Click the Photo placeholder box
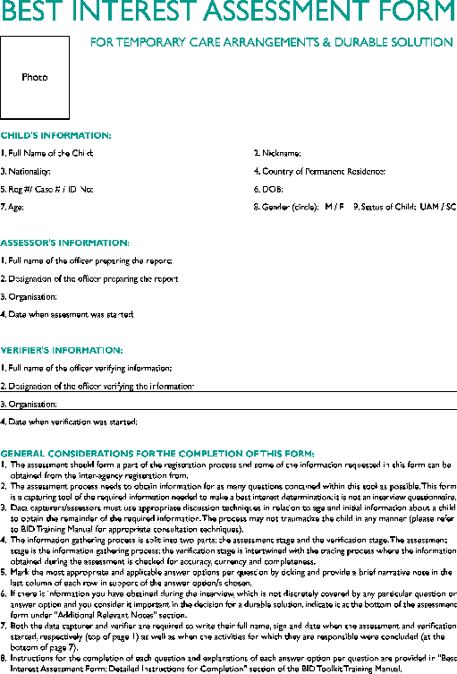tap(35, 78)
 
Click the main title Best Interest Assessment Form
tap(228, 13)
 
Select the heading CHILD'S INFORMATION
tap(55, 135)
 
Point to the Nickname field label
tap(278, 153)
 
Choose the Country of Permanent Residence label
tap(319, 171)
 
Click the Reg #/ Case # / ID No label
tap(47, 189)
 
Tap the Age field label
tap(12, 207)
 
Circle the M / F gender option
tap(334, 207)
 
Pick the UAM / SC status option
tap(438, 207)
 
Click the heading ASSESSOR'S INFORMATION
tap(64, 243)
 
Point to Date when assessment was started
tap(67, 314)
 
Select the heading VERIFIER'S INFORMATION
tap(62, 350)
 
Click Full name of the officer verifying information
tap(86, 368)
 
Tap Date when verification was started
tap(69, 422)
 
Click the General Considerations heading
tap(157, 453)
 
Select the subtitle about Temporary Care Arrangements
tap(271, 42)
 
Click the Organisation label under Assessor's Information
tap(29, 296)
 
